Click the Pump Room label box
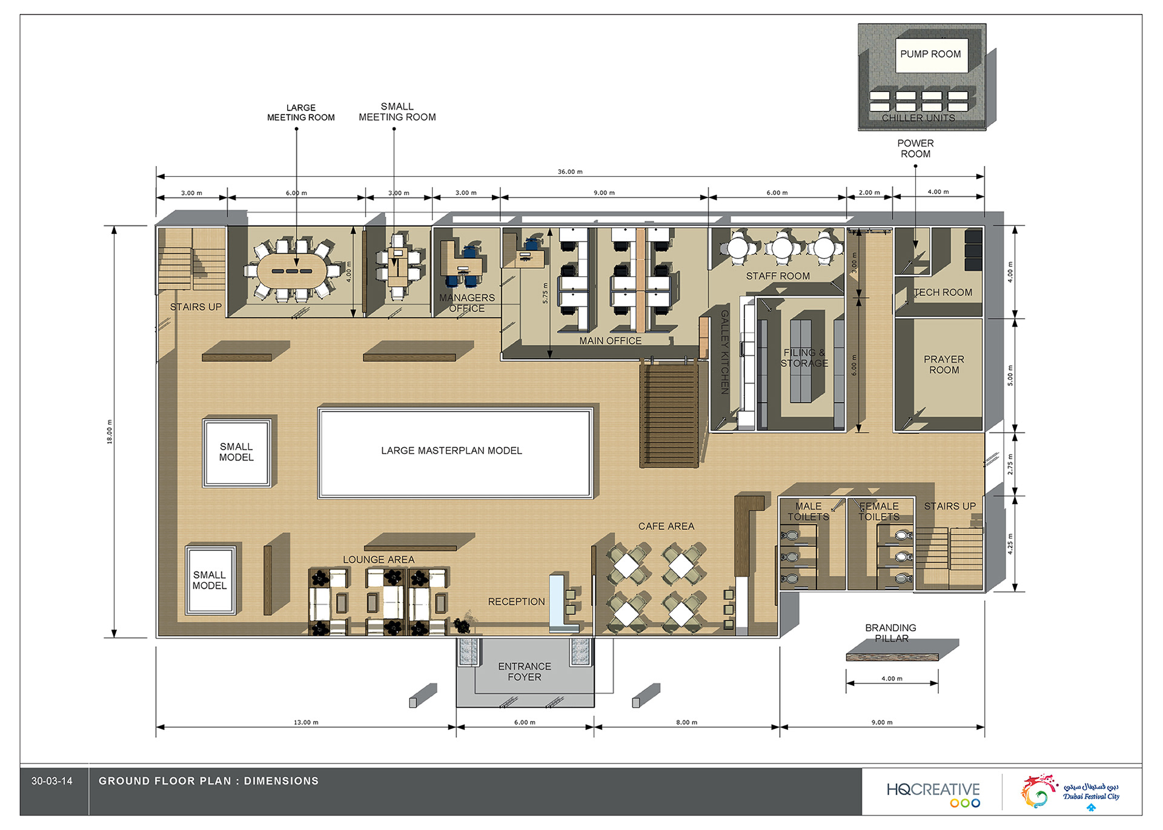[x=930, y=55]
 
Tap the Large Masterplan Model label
[x=451, y=451]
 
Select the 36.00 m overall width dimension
[x=570, y=172]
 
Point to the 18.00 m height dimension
[x=110, y=431]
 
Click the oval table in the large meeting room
[x=292, y=270]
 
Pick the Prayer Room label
[x=944, y=365]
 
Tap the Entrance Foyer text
[x=525, y=672]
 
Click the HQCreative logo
[x=933, y=794]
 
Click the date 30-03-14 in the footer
[x=52, y=782]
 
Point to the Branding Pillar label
[x=890, y=633]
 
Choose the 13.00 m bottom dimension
[x=306, y=723]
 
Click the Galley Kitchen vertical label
[x=724, y=352]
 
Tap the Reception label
[x=516, y=602]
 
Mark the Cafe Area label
[x=666, y=526]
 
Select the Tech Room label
[x=943, y=293]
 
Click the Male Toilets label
[x=808, y=511]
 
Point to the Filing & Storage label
[x=804, y=358]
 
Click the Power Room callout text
[x=915, y=148]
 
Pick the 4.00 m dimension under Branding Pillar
[x=892, y=679]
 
